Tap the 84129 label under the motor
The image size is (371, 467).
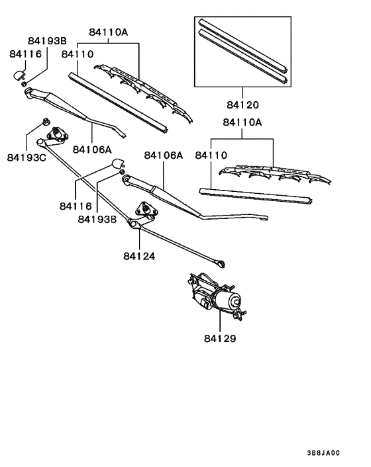click(x=220, y=337)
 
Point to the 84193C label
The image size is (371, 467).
click(x=27, y=157)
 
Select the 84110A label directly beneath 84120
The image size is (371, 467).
click(x=242, y=122)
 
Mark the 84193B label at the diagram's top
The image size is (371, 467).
click(x=47, y=41)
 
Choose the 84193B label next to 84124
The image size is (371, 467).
click(x=97, y=218)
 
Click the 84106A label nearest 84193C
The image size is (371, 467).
click(x=92, y=149)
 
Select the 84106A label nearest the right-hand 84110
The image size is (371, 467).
click(x=163, y=155)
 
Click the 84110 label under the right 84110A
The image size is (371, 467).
click(x=211, y=155)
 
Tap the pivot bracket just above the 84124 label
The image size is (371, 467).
click(x=144, y=210)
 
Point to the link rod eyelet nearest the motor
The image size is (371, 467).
click(x=221, y=265)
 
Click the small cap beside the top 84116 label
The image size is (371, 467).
click(x=19, y=75)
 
